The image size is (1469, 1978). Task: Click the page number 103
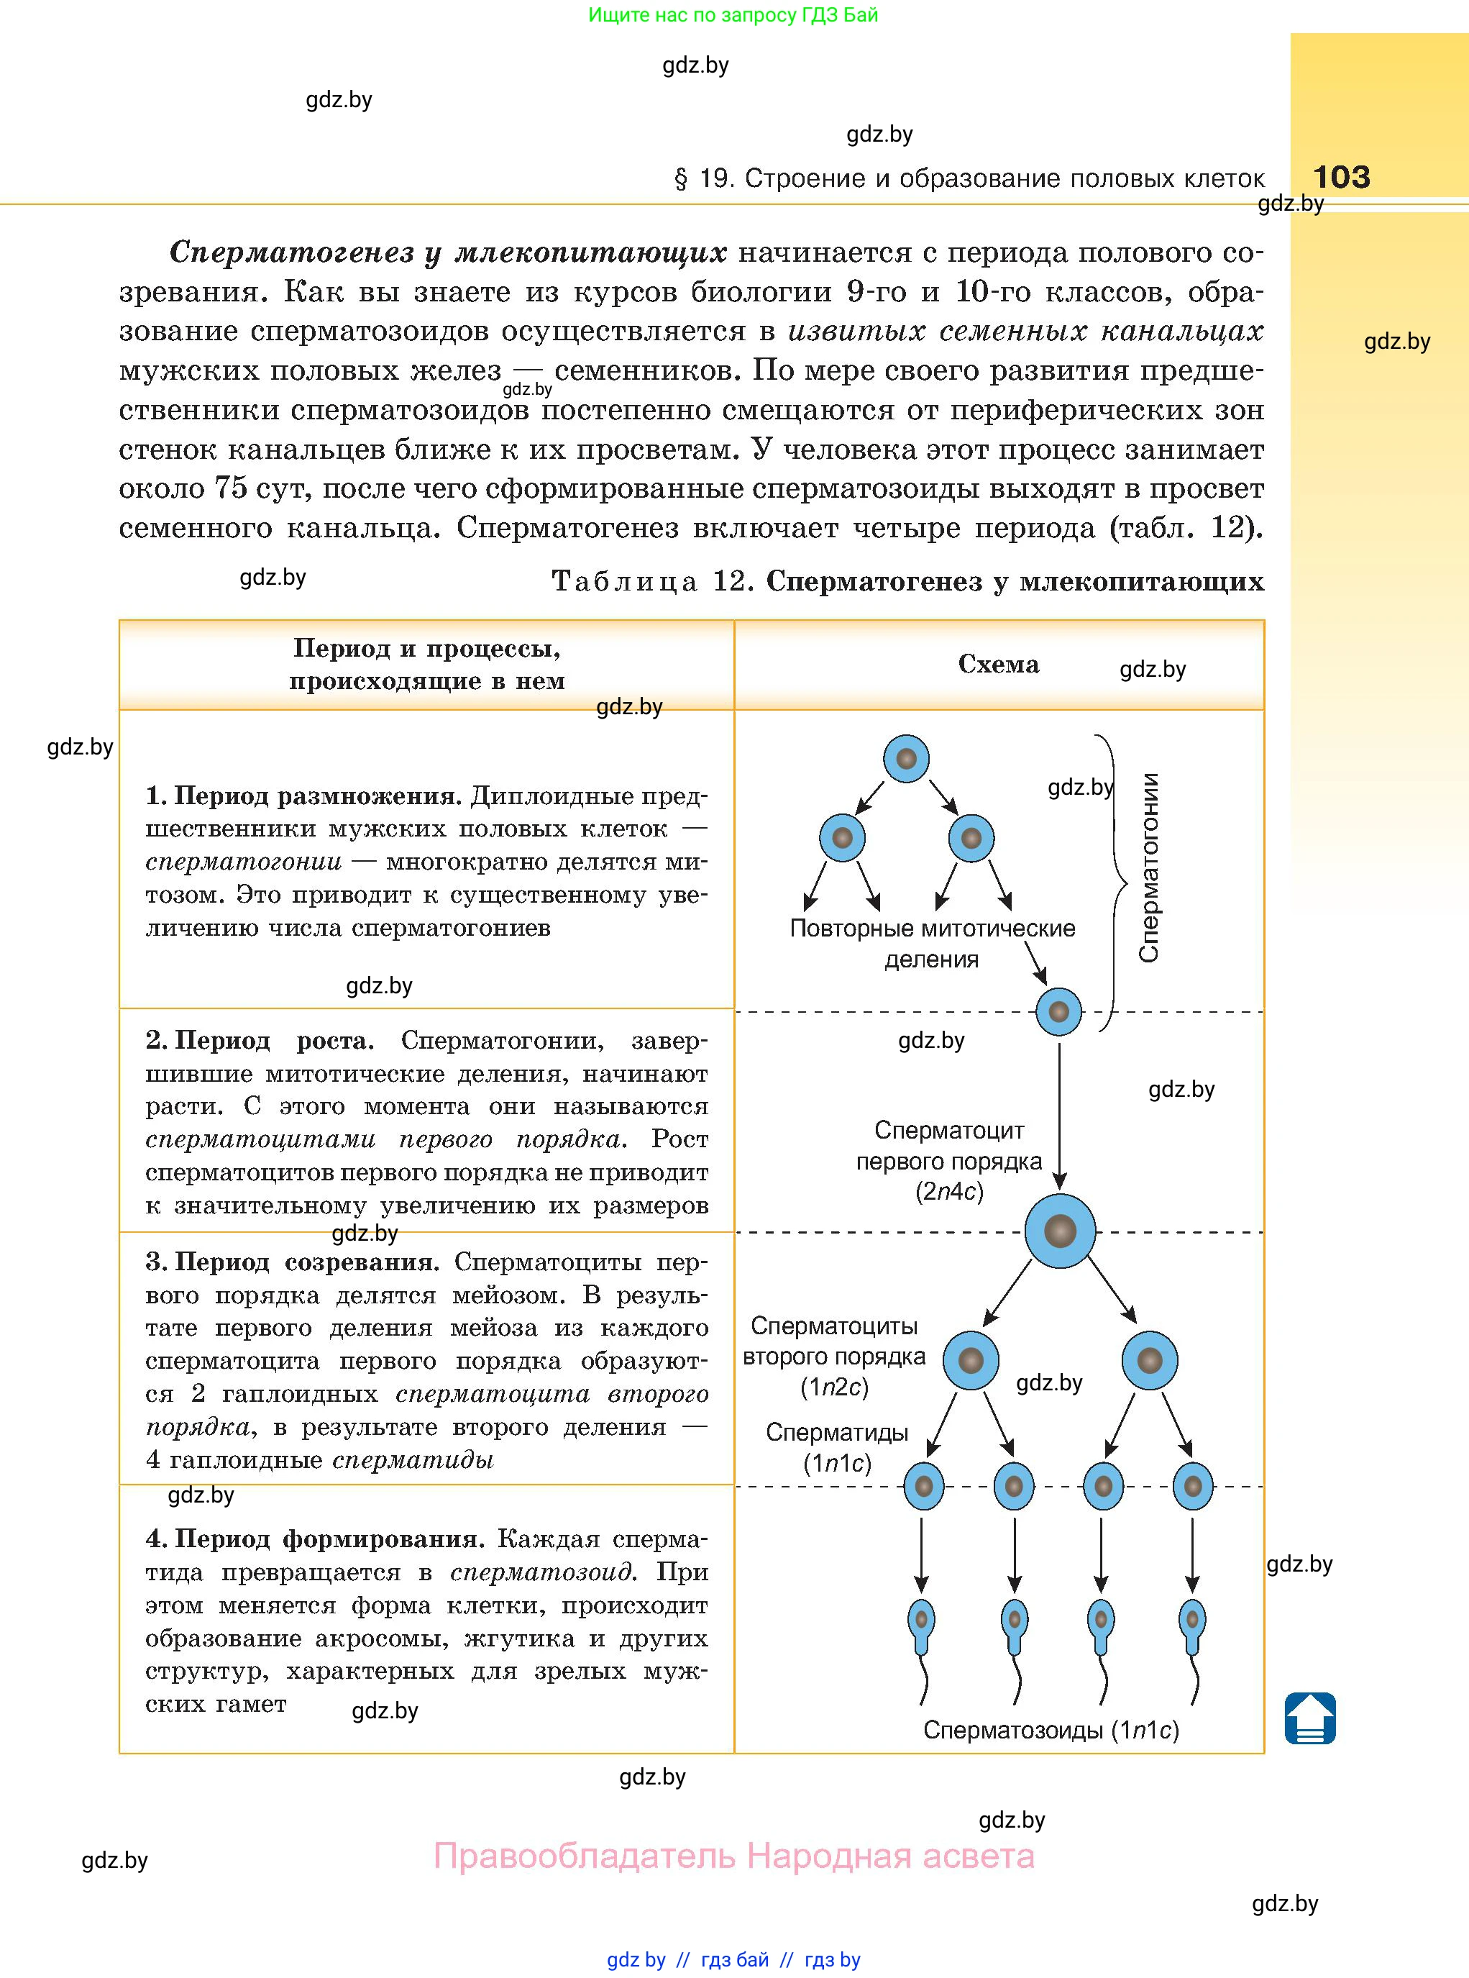(1341, 177)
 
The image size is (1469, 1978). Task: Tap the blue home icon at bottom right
(1310, 1718)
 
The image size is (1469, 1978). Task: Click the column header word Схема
(998, 665)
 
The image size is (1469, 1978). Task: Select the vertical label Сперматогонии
(1149, 867)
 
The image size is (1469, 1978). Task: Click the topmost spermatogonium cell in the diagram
(906, 760)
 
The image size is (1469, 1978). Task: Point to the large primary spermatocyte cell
(1060, 1231)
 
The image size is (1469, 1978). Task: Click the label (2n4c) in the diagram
(950, 1192)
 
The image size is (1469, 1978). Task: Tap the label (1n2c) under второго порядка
(834, 1387)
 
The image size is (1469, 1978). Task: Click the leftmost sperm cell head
(921, 1618)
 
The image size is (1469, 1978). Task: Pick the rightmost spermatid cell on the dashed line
(1194, 1485)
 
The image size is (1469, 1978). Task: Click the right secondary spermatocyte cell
(1150, 1360)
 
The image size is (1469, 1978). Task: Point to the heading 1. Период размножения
(303, 796)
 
